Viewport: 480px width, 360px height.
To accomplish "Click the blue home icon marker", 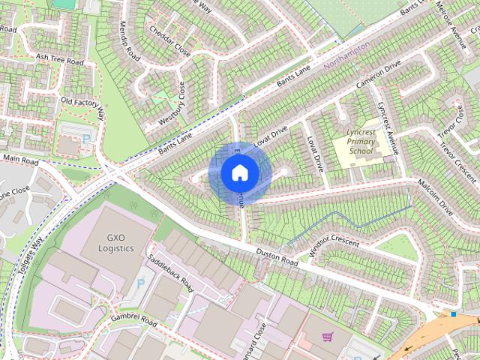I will [x=239, y=173].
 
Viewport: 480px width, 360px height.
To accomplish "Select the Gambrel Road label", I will [x=134, y=322].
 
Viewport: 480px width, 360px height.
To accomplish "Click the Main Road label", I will [x=20, y=159].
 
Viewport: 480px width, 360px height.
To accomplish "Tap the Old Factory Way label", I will [x=82, y=104].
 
